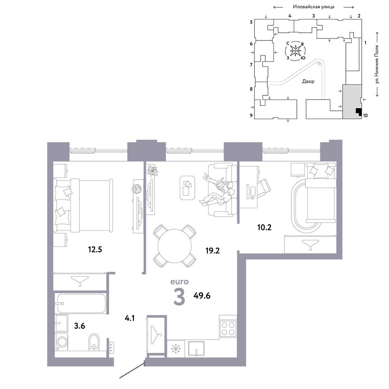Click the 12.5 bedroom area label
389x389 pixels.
click(95, 249)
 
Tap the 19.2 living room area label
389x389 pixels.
click(213, 251)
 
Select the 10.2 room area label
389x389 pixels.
click(265, 227)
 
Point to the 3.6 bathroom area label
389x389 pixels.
click(80, 326)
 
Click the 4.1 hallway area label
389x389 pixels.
click(130, 318)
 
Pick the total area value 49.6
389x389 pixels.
click(202, 296)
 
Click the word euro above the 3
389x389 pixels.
click(179, 282)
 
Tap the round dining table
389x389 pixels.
click(175, 246)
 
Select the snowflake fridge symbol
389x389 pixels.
click(176, 349)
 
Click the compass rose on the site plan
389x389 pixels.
click(296, 51)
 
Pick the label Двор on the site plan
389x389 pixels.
click(308, 81)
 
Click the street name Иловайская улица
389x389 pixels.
click(314, 7)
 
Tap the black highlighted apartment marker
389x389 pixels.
click(358, 112)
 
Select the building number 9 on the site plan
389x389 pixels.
click(251, 116)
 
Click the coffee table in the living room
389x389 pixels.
click(187, 187)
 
